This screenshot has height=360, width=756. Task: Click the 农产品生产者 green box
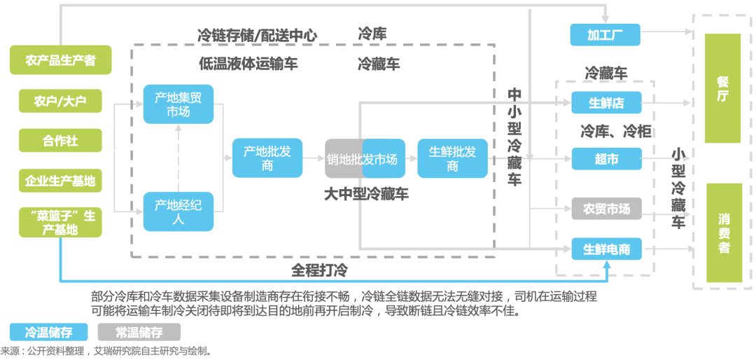tap(60, 60)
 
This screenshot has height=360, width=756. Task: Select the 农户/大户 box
tap(60, 100)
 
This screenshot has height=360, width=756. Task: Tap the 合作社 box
tap(60, 141)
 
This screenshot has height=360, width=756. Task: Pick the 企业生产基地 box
tap(60, 181)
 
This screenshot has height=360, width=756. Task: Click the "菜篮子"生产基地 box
tap(60, 223)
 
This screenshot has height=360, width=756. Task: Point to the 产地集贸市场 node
tap(178, 104)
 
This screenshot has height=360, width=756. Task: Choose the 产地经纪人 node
tap(178, 212)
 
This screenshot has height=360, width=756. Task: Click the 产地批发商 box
tap(267, 158)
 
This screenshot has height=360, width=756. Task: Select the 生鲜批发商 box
tap(452, 158)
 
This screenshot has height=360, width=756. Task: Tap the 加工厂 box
tap(605, 35)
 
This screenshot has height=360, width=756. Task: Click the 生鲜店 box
tap(606, 102)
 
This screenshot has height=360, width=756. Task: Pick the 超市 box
tap(606, 159)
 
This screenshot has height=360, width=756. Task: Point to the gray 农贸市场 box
tap(606, 209)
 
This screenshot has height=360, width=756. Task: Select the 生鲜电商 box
tap(606, 249)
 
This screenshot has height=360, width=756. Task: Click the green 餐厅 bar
tap(722, 88)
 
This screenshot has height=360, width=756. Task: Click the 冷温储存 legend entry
tap(49, 333)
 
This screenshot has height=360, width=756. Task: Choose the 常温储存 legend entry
tap(139, 333)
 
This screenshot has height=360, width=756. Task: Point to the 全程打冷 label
tap(319, 271)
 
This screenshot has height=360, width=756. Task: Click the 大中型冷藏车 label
tap(366, 194)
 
